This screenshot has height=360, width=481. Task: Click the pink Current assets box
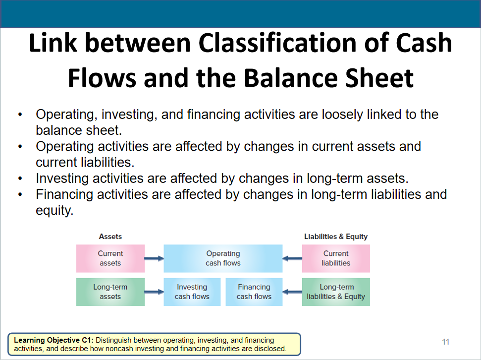point(110,258)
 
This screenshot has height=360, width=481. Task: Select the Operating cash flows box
point(223,258)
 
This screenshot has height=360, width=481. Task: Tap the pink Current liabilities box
point(336,258)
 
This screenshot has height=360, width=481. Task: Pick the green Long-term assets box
point(110,292)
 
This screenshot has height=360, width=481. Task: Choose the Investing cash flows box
point(192,292)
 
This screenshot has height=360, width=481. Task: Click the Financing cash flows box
point(254,292)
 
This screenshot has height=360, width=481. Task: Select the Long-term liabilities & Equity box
point(336,292)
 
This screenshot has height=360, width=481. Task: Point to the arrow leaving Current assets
point(154,258)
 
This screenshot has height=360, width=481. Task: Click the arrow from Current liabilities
point(292,258)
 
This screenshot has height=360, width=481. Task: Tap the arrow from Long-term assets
point(154,292)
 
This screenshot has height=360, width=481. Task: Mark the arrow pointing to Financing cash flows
point(292,292)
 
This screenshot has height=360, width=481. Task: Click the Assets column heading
point(110,237)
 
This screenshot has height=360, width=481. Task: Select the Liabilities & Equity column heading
point(336,237)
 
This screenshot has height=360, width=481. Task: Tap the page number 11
point(446,342)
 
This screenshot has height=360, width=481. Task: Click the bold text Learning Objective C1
point(55,340)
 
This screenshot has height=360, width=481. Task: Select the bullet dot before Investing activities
point(20,179)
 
